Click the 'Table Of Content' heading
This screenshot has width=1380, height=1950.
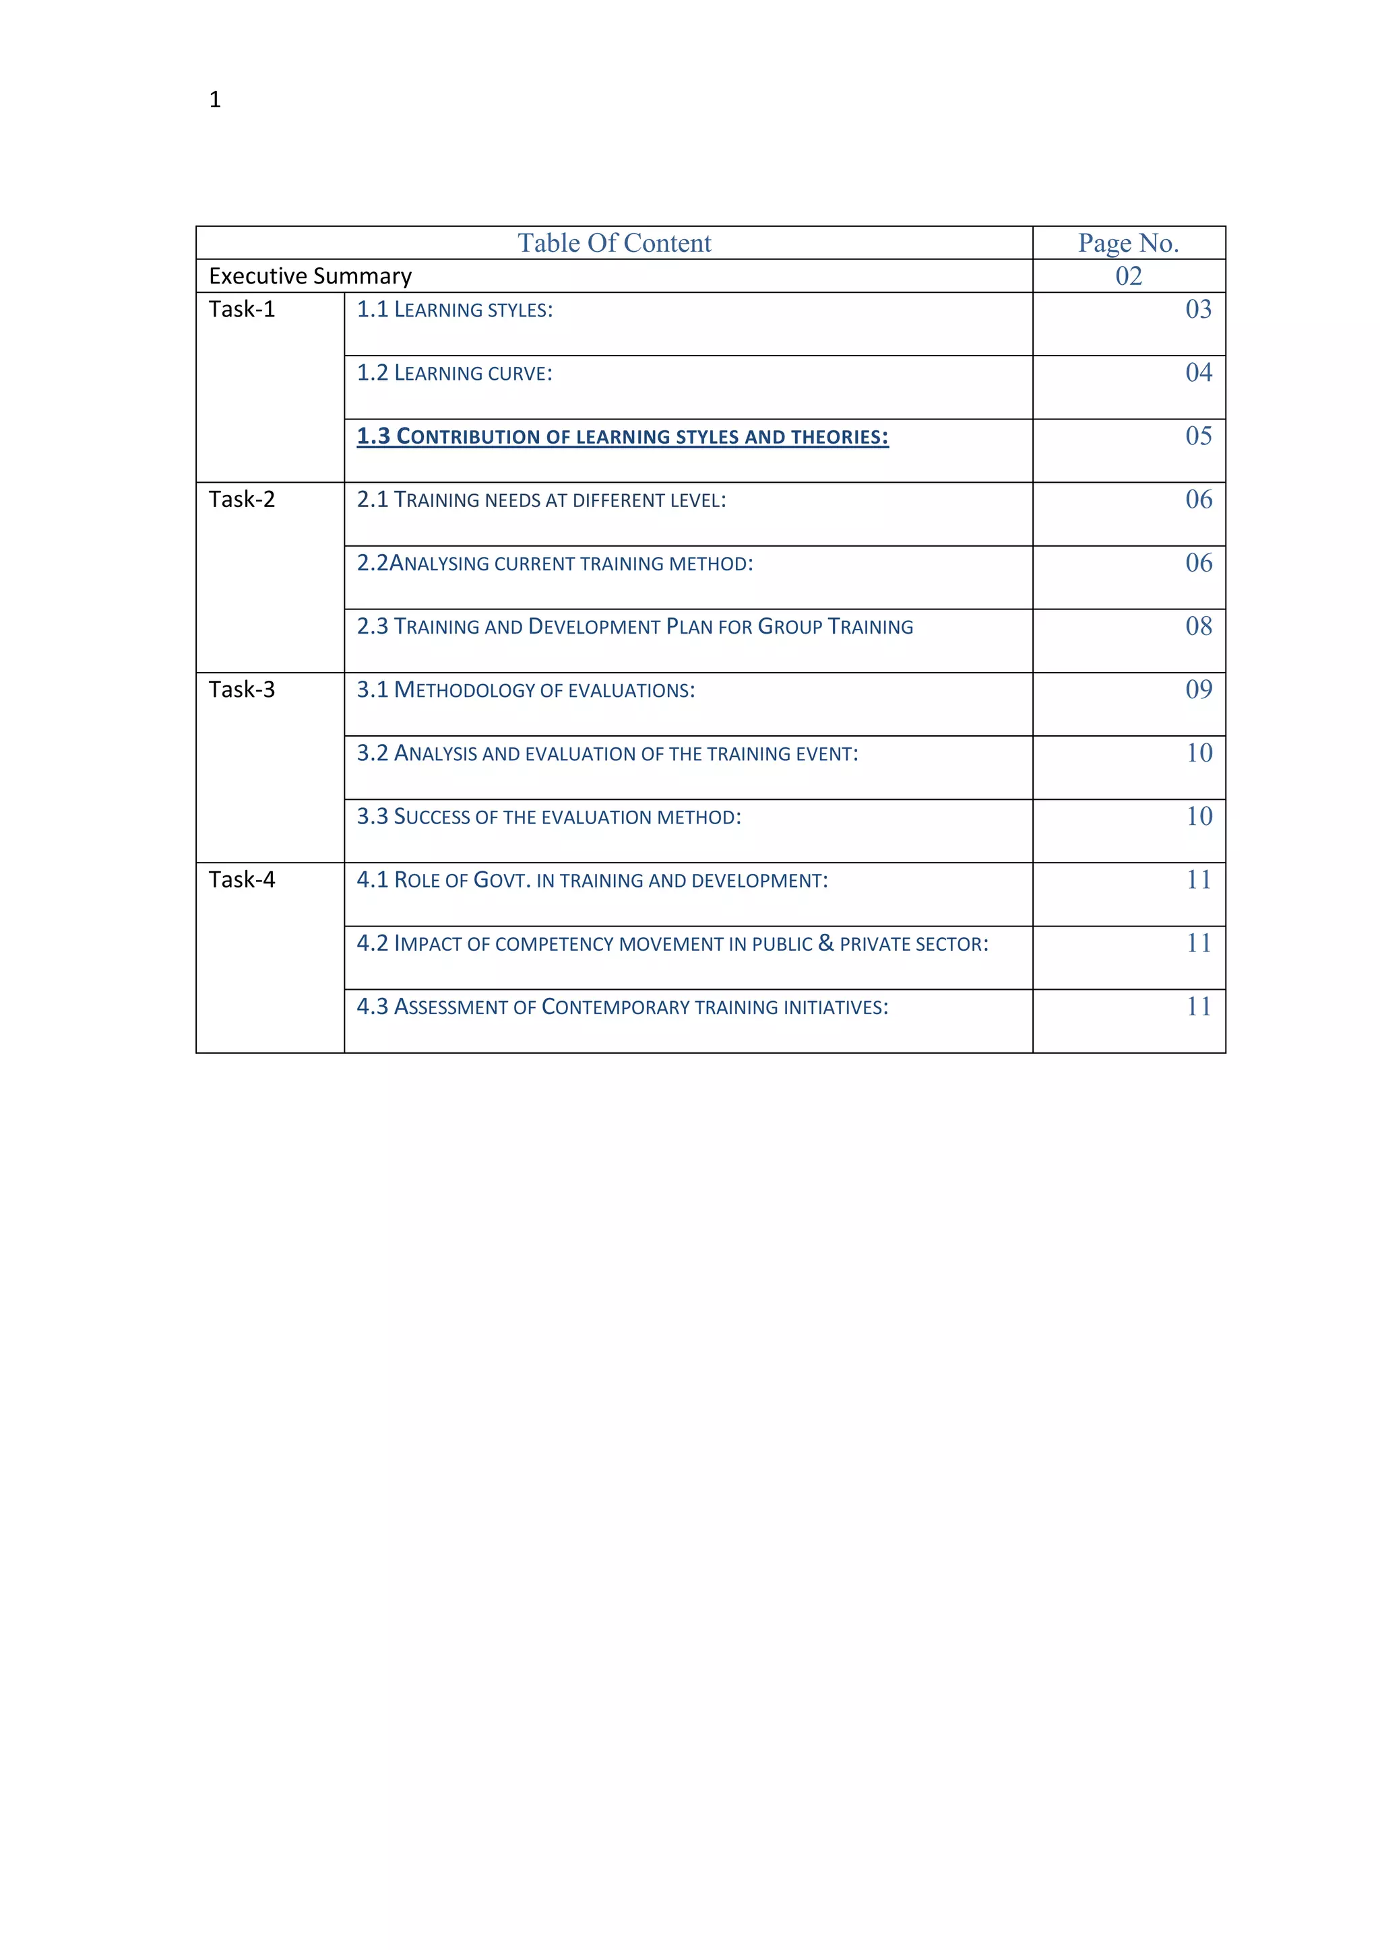pos(615,243)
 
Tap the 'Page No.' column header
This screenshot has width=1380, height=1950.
pos(1129,243)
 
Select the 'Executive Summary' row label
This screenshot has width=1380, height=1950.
pos(310,276)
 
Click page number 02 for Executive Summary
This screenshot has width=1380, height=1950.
pos(1129,276)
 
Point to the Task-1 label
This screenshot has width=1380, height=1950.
pos(242,309)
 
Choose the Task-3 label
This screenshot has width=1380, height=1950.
pos(242,690)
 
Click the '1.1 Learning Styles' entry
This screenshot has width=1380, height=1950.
pos(455,310)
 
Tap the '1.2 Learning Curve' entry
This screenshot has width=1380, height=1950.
pos(455,374)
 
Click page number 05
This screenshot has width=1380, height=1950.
pos(1198,436)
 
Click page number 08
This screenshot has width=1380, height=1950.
pos(1198,626)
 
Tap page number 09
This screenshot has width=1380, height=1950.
pos(1198,689)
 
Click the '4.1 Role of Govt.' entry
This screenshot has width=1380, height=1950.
pos(592,880)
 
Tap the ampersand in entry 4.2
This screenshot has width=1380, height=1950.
pos(826,943)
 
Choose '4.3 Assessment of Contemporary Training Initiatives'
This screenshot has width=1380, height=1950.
pos(622,1007)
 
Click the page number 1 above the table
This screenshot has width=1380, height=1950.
pos(215,100)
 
